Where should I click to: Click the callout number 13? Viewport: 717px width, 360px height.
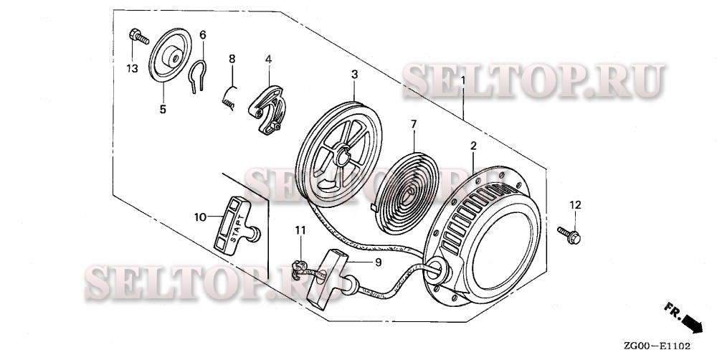click(x=131, y=68)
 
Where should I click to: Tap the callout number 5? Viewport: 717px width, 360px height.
click(x=163, y=109)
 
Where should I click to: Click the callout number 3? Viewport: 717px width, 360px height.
click(x=354, y=74)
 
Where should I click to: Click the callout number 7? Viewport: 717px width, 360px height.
click(x=413, y=124)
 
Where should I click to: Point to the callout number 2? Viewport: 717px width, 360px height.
click(x=473, y=146)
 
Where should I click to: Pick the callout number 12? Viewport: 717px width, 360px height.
click(x=574, y=206)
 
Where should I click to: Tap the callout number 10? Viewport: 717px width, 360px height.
click(x=201, y=216)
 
